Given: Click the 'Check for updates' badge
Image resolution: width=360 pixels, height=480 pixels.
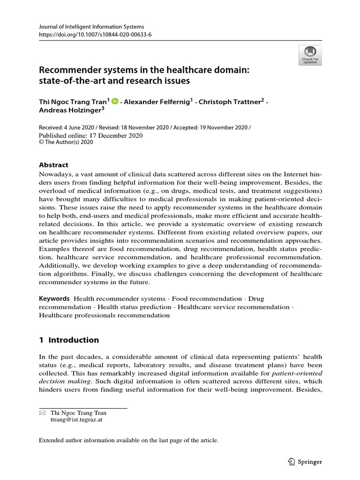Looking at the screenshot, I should [x=310, y=55].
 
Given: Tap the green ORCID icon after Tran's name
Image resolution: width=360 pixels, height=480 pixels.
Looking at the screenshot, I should [x=115, y=101].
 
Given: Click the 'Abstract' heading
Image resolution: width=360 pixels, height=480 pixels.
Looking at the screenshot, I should [x=53, y=165].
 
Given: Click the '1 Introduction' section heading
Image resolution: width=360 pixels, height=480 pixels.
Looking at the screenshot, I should [x=69, y=340].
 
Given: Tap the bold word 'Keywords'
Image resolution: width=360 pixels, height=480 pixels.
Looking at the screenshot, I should [x=54, y=298].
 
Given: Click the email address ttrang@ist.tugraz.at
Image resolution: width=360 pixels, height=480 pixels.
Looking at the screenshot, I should [x=76, y=420].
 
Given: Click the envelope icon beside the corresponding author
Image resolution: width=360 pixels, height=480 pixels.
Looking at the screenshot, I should [x=42, y=413].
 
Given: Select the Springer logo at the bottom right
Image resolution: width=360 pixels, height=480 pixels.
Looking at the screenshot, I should [x=305, y=462].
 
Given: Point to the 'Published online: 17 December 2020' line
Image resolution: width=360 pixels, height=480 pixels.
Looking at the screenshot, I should [x=90, y=135].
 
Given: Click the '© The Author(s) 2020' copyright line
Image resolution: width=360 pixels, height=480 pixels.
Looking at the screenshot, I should [x=66, y=143].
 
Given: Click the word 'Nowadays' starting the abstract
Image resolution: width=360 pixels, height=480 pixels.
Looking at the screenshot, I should [x=53, y=174].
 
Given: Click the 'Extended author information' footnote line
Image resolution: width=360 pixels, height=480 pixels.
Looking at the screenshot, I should [x=128, y=440].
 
